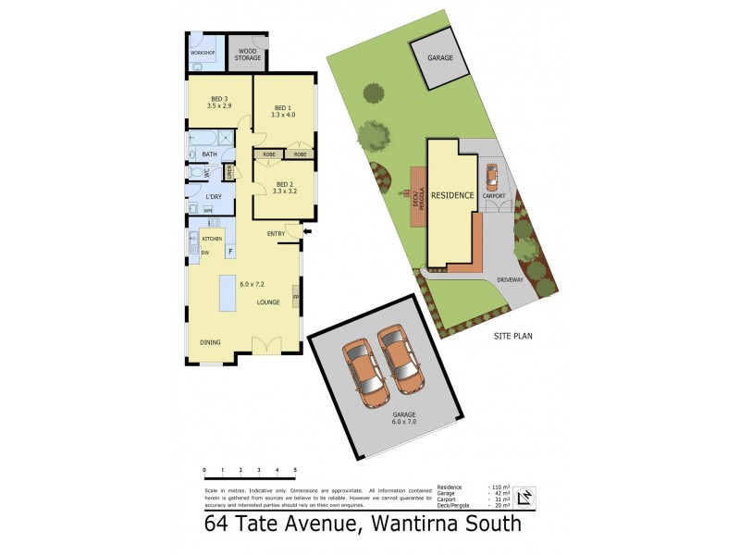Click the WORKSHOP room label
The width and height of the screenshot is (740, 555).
[x=203, y=53]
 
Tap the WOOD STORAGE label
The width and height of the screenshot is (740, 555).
[x=247, y=55]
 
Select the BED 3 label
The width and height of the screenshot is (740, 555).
[x=219, y=99]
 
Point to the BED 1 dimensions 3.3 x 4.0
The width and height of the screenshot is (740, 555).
[x=283, y=115]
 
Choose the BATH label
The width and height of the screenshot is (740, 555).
[x=210, y=154]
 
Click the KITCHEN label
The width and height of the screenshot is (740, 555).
[x=212, y=239]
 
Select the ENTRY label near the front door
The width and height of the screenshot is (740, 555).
[x=276, y=233]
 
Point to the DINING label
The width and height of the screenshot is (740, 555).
[x=211, y=343]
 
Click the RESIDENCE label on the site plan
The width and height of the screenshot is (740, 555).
[x=452, y=196]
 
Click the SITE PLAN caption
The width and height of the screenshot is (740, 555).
[x=513, y=338]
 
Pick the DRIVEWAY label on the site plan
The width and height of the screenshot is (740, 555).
[x=509, y=278]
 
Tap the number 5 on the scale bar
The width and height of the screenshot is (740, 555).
[x=294, y=471]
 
